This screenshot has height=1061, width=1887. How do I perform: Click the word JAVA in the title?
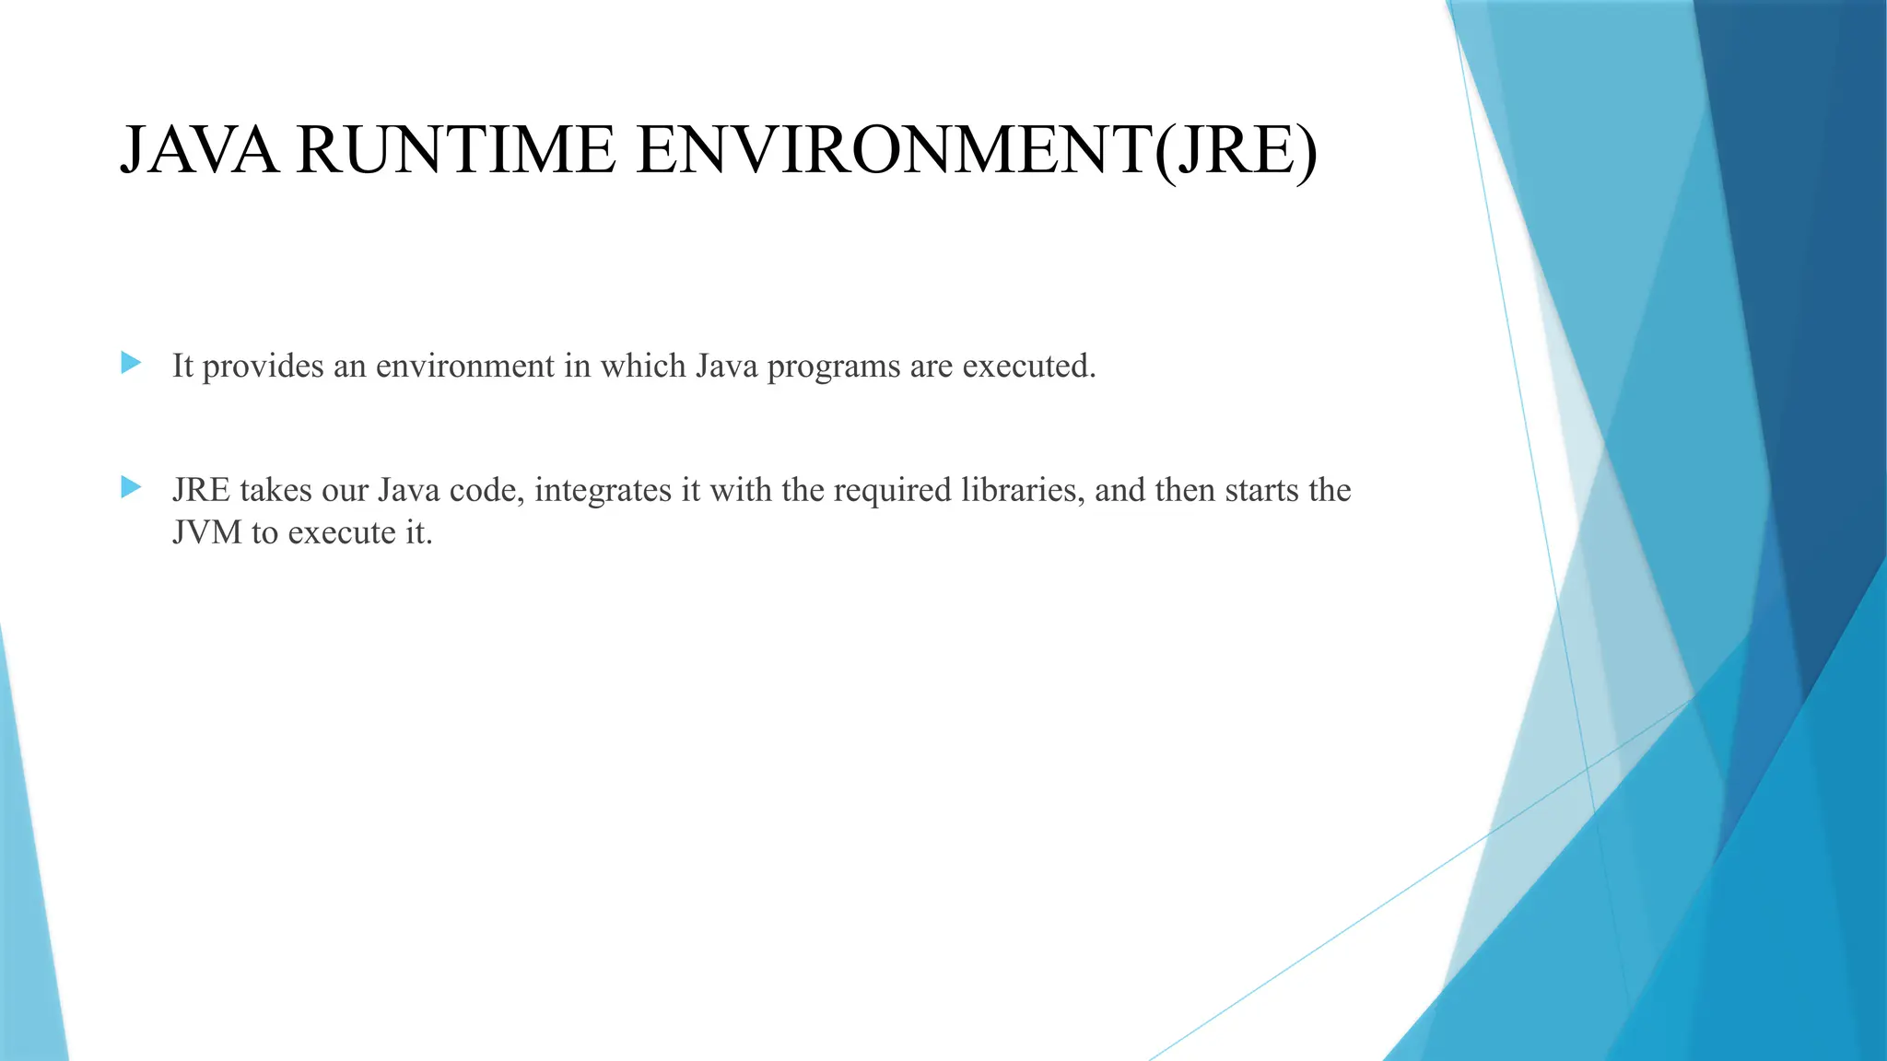199,150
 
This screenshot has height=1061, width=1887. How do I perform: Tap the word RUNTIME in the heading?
456,150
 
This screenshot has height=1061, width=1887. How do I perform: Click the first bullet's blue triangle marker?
131,363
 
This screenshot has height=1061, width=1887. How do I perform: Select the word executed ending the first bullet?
1028,367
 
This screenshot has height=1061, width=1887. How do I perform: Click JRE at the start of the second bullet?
201,490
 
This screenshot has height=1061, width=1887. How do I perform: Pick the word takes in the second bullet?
275,490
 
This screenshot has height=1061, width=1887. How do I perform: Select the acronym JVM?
207,532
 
